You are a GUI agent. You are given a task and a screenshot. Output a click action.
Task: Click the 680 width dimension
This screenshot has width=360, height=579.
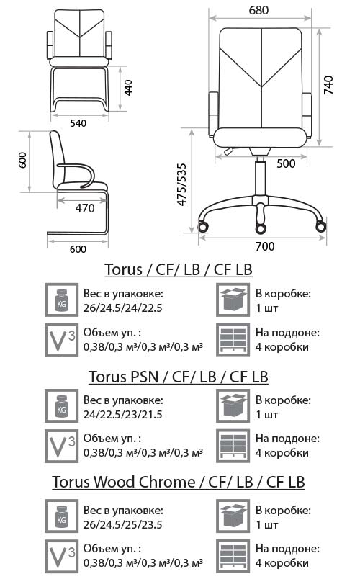click(x=258, y=10)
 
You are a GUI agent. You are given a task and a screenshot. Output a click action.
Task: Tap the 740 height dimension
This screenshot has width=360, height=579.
click(x=328, y=85)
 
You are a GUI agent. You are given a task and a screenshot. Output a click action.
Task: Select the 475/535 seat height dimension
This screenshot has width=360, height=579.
click(x=181, y=184)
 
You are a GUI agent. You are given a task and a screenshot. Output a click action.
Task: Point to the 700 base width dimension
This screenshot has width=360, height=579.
click(x=265, y=246)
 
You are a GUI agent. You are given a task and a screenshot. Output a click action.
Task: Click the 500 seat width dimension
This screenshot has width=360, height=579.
click(x=286, y=163)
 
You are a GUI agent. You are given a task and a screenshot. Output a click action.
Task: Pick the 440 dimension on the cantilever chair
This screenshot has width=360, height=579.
click(x=128, y=88)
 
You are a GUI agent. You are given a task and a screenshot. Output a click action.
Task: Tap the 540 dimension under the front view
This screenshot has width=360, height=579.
click(x=78, y=123)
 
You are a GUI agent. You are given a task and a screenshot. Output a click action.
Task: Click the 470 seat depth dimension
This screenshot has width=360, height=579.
click(x=85, y=208)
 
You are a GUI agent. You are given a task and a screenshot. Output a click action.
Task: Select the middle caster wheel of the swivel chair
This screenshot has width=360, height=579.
click(x=261, y=228)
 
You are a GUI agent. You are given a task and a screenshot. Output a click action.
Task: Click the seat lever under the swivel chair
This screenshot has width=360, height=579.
click(x=229, y=151)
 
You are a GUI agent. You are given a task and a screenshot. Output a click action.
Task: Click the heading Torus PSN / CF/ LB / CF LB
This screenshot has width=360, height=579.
click(x=179, y=377)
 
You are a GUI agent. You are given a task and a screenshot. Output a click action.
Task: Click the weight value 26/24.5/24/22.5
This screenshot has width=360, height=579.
click(x=122, y=308)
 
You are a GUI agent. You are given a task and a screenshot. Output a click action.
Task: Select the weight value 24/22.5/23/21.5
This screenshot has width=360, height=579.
click(x=122, y=415)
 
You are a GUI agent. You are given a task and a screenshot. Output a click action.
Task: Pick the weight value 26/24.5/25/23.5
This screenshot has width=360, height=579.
click(x=122, y=525)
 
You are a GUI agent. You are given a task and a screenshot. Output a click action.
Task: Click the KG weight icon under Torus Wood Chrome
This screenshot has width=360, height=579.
click(x=61, y=516)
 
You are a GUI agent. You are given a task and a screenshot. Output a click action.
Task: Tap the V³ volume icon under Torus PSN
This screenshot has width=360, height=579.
click(x=61, y=446)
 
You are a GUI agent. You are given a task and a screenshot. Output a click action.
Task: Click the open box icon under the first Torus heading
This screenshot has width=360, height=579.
click(x=233, y=300)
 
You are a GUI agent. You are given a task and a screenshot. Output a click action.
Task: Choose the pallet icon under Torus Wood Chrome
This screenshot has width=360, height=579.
click(x=233, y=556)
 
